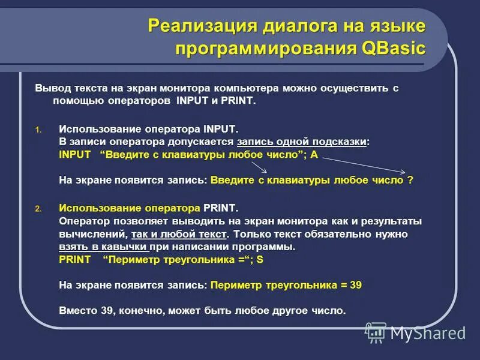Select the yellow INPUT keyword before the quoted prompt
pyautogui.click(x=75, y=154)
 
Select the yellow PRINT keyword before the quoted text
pyautogui.click(x=75, y=259)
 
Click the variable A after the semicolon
pyautogui.click(x=314, y=154)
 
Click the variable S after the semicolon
pyautogui.click(x=260, y=259)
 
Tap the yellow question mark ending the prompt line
pyautogui.click(x=410, y=179)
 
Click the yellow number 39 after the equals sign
pyautogui.click(x=355, y=285)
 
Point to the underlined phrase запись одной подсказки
pyautogui.click(x=302, y=142)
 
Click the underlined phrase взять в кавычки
pyautogui.click(x=103, y=247)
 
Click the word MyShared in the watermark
pyautogui.click(x=428, y=333)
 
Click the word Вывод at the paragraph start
pyautogui.click(x=49, y=88)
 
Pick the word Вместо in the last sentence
pyautogui.click(x=76, y=311)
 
